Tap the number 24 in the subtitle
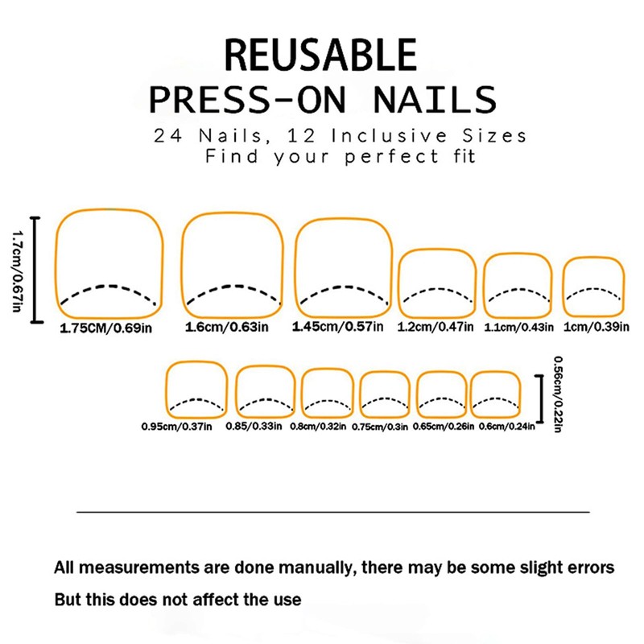click(x=168, y=134)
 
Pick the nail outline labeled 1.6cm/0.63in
click(x=233, y=266)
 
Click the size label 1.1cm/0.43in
click(x=518, y=327)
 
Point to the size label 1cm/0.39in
click(x=594, y=327)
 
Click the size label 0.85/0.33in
click(x=254, y=426)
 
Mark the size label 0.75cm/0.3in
click(x=380, y=426)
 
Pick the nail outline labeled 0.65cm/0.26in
click(x=440, y=393)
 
